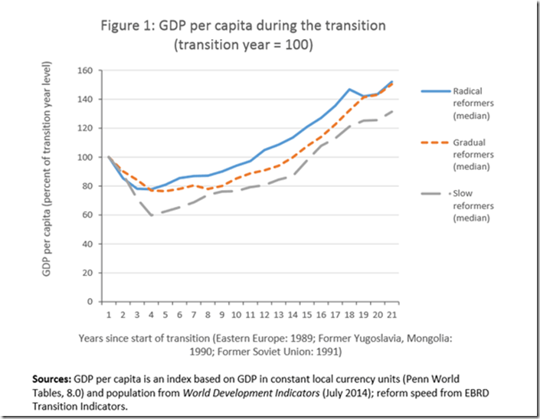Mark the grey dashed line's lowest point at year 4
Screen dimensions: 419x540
point(152,216)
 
